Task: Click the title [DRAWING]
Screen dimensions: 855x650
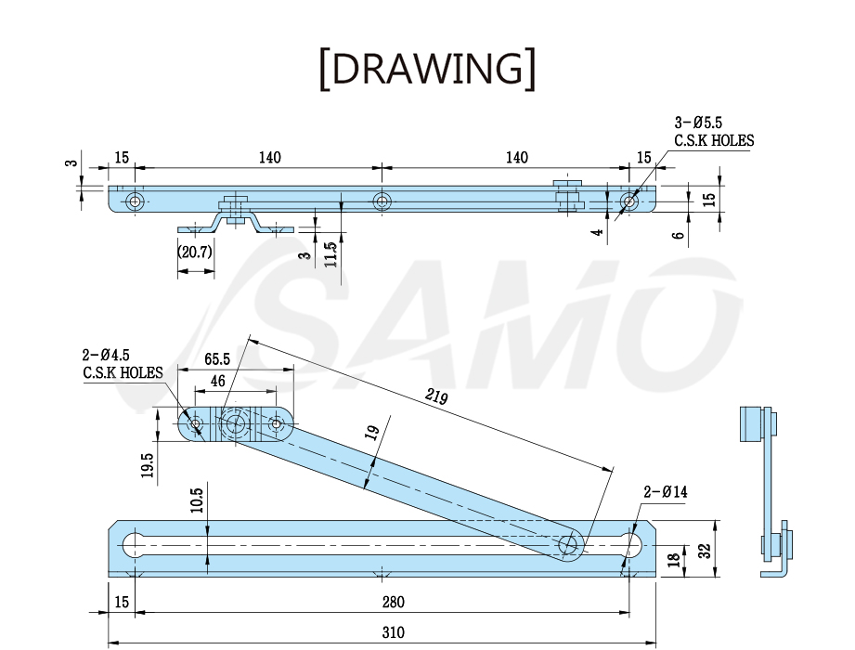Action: click(427, 69)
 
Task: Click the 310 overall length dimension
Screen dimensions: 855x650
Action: click(393, 632)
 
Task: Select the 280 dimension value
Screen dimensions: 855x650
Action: click(393, 602)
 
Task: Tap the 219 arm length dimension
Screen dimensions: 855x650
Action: click(436, 396)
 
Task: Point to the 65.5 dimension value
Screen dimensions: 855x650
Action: click(217, 359)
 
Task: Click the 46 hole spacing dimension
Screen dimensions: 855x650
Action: click(217, 381)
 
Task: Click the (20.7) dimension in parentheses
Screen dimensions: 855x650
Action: click(195, 252)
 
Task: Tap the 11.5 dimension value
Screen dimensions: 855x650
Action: click(330, 254)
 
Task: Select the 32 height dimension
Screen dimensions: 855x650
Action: click(705, 551)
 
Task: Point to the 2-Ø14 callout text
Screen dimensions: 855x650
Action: click(666, 492)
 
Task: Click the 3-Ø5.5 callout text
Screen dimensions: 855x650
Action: click(698, 123)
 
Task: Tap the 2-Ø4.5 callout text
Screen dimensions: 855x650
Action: click(106, 355)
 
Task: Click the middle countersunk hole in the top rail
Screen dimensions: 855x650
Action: click(382, 201)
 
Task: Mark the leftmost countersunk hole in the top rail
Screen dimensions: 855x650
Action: click(135, 201)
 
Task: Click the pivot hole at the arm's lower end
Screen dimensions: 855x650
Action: click(567, 543)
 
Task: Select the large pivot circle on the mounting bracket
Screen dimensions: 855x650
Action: click(236, 422)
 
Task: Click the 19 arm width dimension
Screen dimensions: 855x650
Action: click(372, 433)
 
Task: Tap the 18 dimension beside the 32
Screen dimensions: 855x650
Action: click(674, 559)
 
